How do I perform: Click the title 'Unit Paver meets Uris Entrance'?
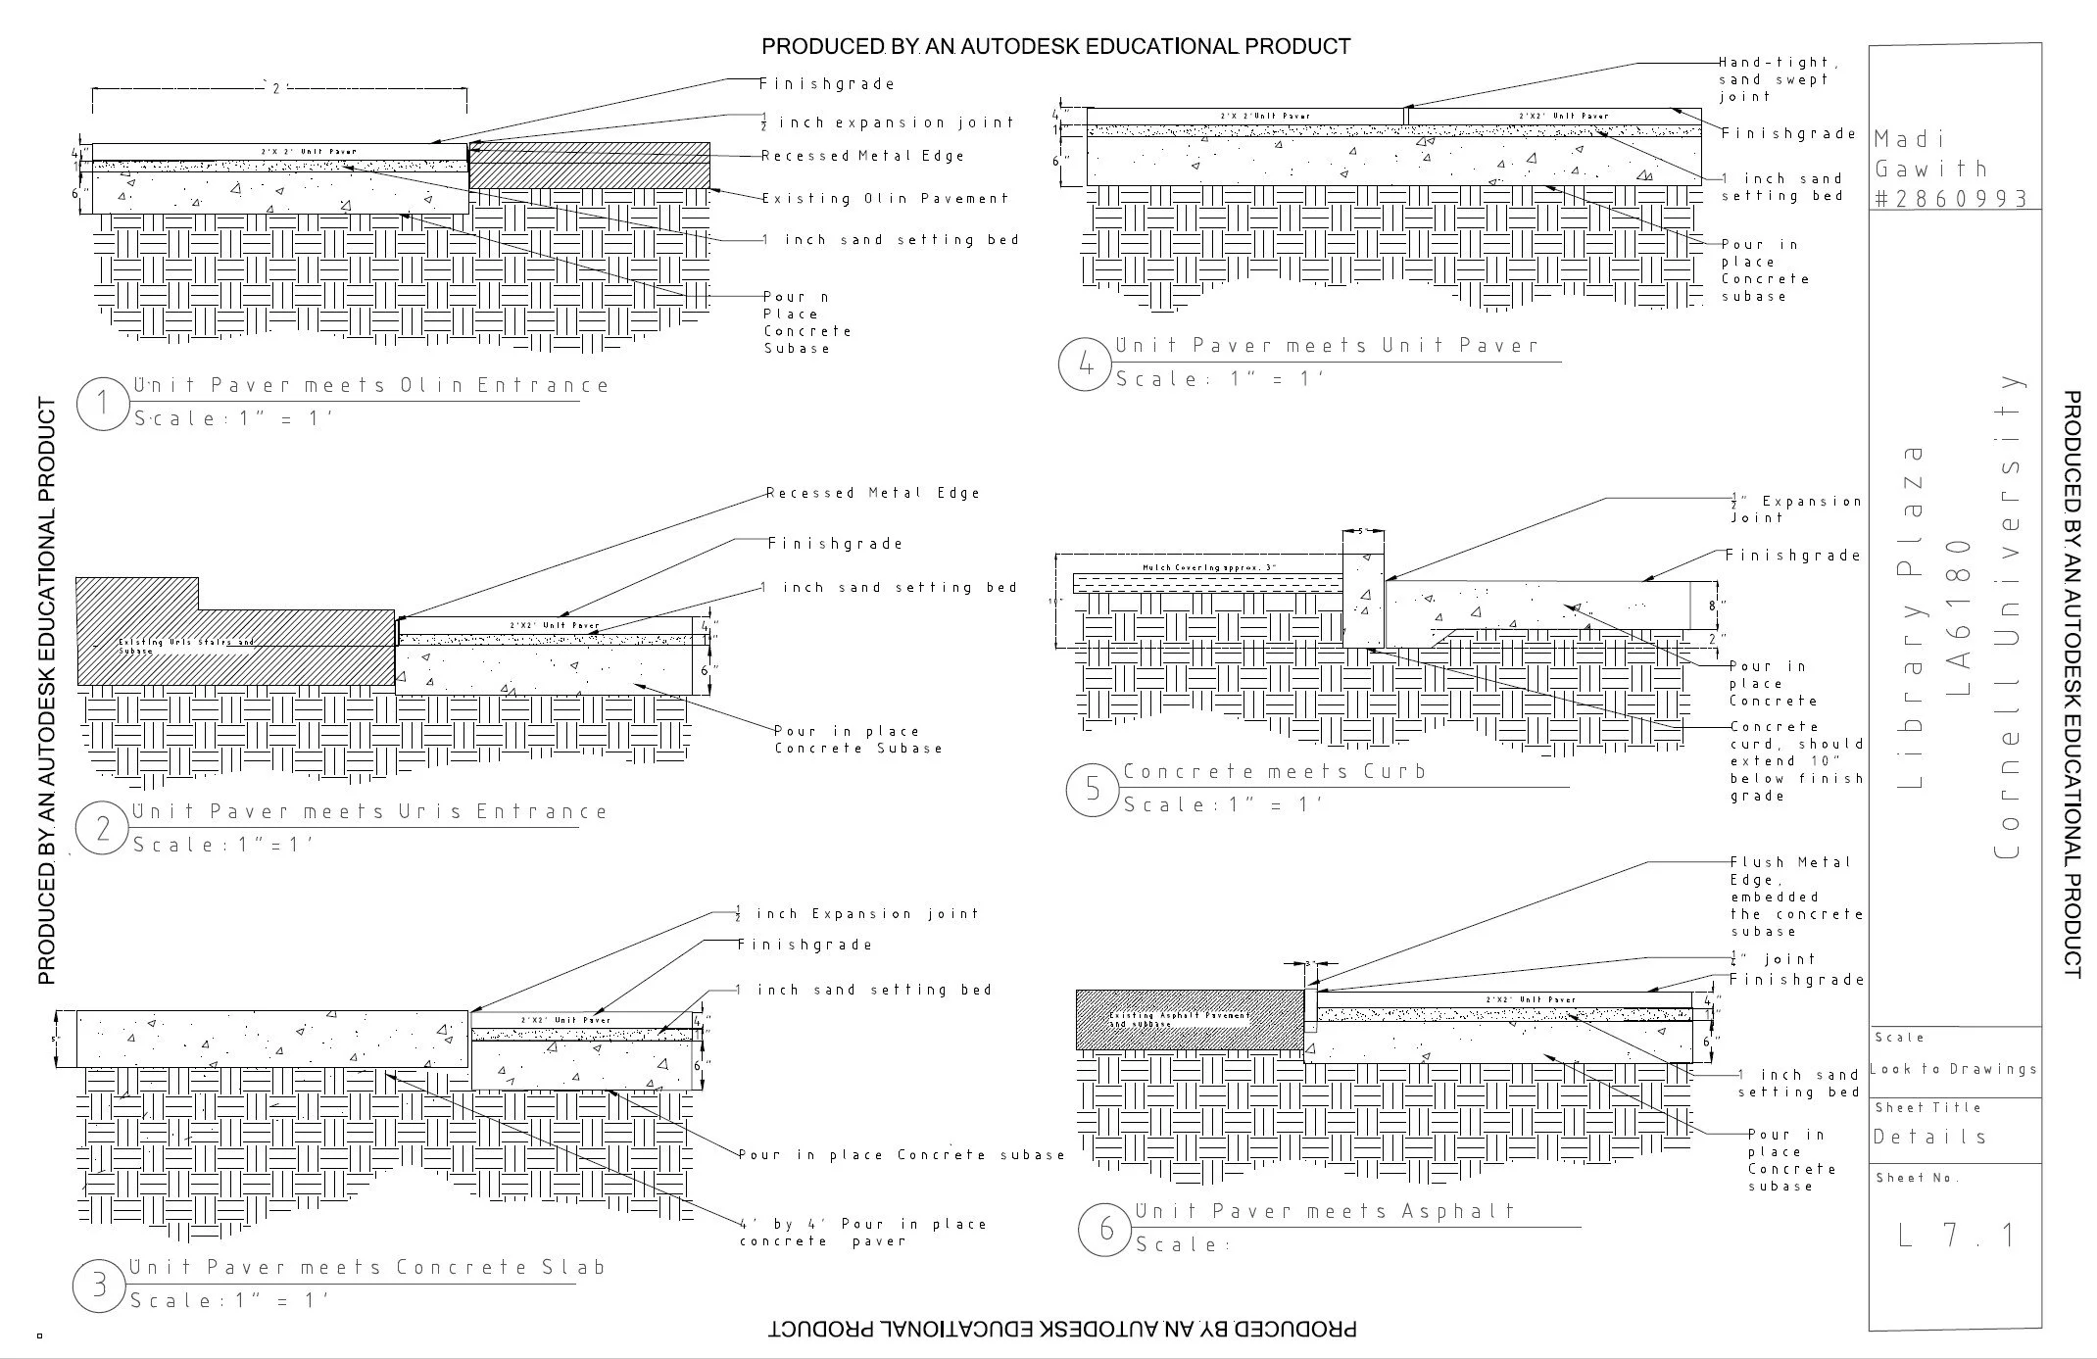369,811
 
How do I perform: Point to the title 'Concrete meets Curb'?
1274,771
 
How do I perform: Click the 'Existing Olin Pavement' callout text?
885,199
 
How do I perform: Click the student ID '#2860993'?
1949,199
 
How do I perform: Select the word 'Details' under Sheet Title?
1929,1137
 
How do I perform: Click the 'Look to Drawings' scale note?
1953,1069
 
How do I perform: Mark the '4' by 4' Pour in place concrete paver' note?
862,1233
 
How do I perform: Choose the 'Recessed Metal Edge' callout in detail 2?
872,493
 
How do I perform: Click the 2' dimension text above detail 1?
277,89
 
